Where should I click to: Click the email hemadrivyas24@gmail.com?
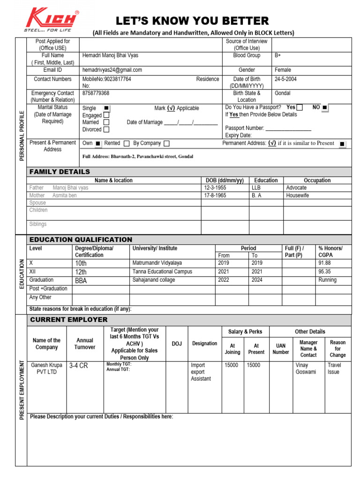pyautogui.click(x=112, y=70)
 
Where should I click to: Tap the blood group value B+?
pyautogui.click(x=277, y=55)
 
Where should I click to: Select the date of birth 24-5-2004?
pyautogui.click(x=285, y=79)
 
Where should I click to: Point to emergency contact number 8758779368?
pyautogui.click(x=96, y=93)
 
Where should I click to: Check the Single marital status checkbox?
pyautogui.click(x=106, y=108)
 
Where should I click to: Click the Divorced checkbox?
pyautogui.click(x=106, y=129)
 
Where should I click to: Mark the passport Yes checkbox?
pyautogui.click(x=300, y=107)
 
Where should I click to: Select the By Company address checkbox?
pyautogui.click(x=166, y=143)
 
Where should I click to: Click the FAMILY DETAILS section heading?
pyautogui.click(x=60, y=172)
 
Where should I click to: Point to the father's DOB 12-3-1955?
pyautogui.click(x=218, y=187)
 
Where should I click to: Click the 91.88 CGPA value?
pyautogui.click(x=325, y=263)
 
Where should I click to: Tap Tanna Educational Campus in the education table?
pyautogui.click(x=162, y=271)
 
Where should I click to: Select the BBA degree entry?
pyautogui.click(x=81, y=280)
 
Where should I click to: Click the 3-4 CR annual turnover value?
pyautogui.click(x=78, y=366)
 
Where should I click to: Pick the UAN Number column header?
pyautogui.click(x=280, y=349)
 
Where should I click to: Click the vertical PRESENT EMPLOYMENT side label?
pyautogui.click(x=21, y=391)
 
